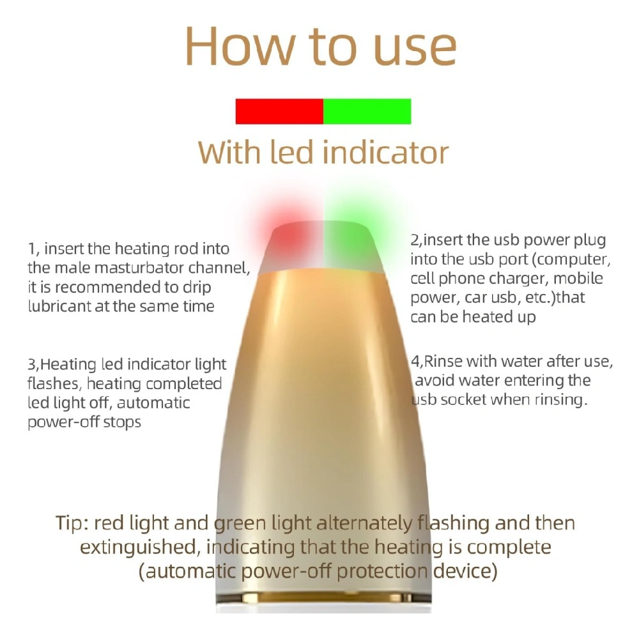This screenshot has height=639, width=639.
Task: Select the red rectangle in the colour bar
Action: click(x=280, y=111)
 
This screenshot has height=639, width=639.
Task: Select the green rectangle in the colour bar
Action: click(x=367, y=111)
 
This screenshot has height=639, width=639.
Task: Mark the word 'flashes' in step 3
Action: click(x=54, y=383)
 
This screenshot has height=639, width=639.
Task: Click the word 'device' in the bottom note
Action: click(x=465, y=571)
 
